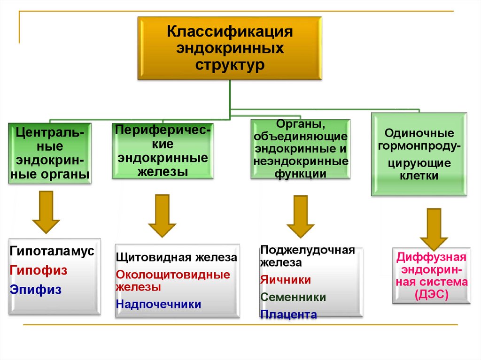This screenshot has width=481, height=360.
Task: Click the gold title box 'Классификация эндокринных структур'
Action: point(230,48)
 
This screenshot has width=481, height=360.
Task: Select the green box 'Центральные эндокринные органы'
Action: point(50,153)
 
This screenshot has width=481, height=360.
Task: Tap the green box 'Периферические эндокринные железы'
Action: point(163,151)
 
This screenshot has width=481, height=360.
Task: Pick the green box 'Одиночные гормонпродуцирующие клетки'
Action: point(419,154)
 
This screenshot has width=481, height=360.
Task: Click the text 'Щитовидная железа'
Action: point(176,258)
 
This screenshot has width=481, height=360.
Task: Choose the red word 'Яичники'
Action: point(286,280)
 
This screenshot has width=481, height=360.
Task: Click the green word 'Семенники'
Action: point(293,297)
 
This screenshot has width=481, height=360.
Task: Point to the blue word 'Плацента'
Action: point(288,314)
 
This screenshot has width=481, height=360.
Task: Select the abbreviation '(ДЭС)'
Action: point(432,295)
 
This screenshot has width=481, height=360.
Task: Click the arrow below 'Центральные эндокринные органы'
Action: point(46,212)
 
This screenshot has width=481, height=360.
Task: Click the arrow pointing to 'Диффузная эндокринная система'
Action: point(434,228)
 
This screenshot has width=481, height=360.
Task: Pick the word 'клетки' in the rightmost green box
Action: point(419,176)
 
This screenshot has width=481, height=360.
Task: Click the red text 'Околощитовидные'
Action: point(173,275)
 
